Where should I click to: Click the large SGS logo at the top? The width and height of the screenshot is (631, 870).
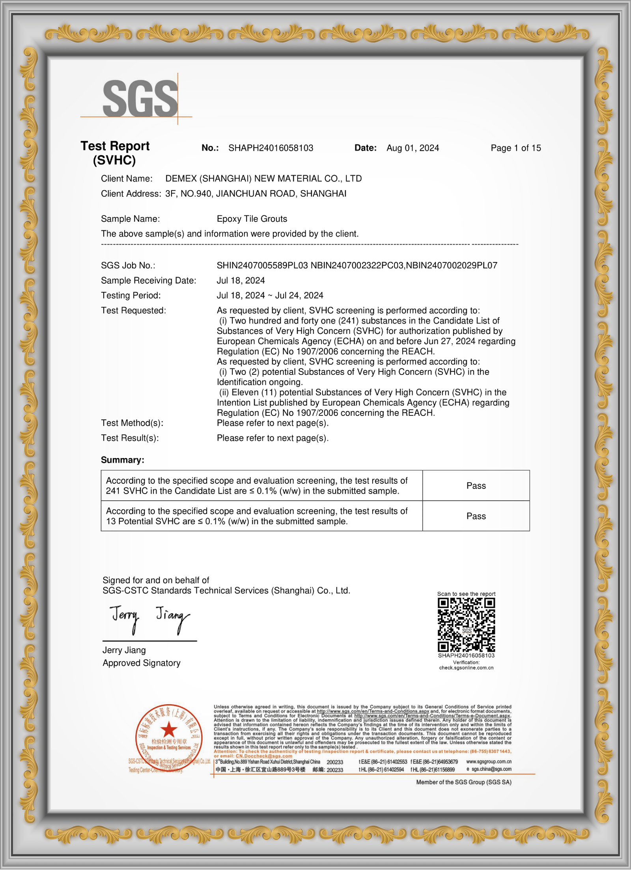(x=140, y=99)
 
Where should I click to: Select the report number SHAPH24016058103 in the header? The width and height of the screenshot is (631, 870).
(x=271, y=148)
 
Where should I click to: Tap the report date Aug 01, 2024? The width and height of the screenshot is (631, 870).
(x=413, y=148)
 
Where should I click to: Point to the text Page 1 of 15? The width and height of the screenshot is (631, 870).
(x=515, y=148)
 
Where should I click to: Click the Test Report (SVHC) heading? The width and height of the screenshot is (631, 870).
(x=115, y=153)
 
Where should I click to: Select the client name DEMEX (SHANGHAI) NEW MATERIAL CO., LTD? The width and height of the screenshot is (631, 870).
(x=263, y=178)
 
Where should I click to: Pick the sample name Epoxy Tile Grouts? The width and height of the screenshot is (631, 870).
(x=252, y=219)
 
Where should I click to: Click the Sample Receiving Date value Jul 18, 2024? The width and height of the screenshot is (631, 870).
(x=241, y=281)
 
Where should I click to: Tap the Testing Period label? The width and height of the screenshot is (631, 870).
(x=131, y=296)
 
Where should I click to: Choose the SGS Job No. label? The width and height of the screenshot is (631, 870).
(x=128, y=266)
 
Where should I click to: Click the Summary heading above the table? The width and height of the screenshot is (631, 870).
(x=122, y=460)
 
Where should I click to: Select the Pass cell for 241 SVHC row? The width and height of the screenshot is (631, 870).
(x=476, y=486)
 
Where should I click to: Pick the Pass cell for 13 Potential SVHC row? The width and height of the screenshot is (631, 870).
(x=476, y=516)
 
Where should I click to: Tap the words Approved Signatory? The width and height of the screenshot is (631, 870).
(x=141, y=663)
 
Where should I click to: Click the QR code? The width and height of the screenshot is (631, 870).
(x=466, y=625)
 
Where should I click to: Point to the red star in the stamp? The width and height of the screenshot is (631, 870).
(x=169, y=730)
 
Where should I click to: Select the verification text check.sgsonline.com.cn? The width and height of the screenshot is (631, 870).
(x=466, y=668)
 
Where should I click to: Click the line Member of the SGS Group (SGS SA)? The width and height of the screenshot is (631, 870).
(x=463, y=782)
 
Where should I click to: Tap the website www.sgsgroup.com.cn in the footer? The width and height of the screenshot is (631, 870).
(x=489, y=761)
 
